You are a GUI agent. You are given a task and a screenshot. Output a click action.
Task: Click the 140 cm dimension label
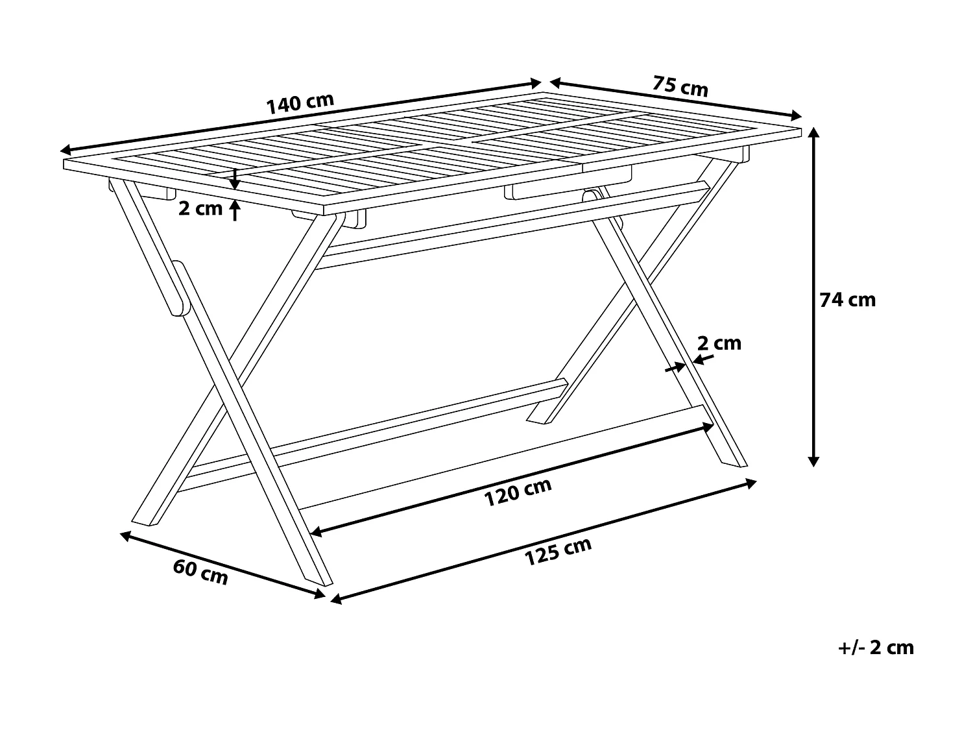[300, 104]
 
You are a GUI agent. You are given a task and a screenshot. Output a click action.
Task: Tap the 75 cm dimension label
[680, 86]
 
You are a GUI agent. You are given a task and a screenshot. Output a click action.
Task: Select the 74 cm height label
[847, 300]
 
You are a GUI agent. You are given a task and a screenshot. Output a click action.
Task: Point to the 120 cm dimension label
[518, 493]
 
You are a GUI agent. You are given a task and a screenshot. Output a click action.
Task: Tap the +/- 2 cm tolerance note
[876, 647]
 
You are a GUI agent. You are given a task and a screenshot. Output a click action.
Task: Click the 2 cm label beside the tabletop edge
[200, 208]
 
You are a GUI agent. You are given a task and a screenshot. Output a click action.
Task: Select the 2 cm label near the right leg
[719, 343]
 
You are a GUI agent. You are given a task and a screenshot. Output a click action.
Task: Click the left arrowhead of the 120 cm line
[316, 532]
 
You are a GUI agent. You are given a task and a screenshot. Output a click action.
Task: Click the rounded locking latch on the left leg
[178, 288]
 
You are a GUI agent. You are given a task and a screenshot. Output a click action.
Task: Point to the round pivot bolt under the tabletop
[591, 195]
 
